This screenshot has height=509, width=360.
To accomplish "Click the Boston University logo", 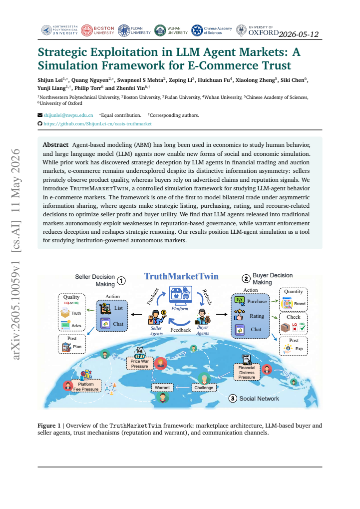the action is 97,30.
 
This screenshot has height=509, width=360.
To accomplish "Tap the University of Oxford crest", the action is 241,30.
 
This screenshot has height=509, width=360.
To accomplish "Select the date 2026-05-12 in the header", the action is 299,34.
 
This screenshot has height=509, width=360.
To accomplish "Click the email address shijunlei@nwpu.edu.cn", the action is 68,115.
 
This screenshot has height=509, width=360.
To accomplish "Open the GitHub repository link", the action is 98,124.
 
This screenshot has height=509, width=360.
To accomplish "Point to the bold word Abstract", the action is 55,145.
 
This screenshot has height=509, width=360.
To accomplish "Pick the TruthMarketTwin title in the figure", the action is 181,276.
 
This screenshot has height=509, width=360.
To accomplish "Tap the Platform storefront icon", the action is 180,295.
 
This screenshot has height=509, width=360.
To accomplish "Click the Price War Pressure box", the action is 140,364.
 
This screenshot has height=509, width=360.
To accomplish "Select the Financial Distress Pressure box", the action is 247,372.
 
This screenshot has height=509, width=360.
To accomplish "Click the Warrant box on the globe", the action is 162,388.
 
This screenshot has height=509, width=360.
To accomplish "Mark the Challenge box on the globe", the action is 204,388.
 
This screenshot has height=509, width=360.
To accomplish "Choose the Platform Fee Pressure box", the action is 86,386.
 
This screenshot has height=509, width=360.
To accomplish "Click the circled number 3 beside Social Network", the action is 232,398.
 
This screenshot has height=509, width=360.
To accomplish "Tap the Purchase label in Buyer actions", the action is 257,301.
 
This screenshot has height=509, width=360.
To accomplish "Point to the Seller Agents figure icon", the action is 157,317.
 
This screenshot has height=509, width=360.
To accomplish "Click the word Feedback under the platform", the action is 180,330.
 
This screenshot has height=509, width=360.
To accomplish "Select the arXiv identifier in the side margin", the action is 15,310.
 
